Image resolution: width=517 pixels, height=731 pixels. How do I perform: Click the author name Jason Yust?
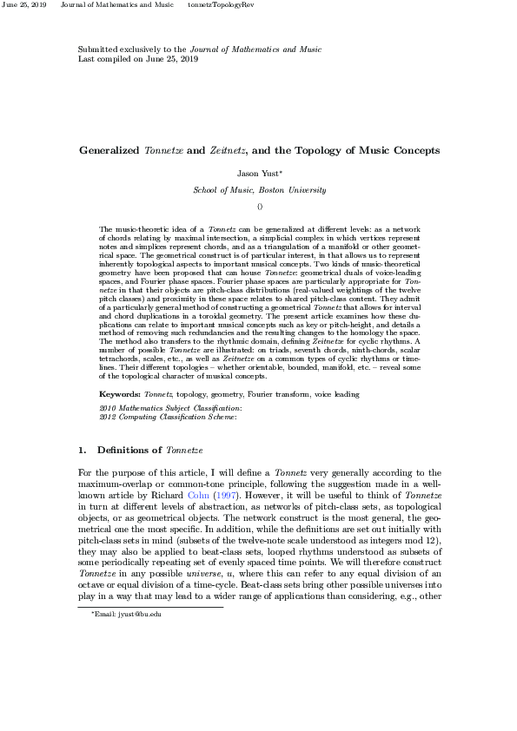click(x=257, y=174)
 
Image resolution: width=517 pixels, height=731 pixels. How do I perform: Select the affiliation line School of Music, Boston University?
click(x=259, y=189)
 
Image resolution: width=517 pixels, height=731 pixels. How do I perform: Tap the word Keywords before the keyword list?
click(x=121, y=394)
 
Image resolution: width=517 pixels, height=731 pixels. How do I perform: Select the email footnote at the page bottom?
click(x=127, y=614)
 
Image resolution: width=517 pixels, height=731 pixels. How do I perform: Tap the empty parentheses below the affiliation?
click(x=259, y=206)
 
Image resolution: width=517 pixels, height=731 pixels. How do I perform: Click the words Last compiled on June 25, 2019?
click(x=138, y=59)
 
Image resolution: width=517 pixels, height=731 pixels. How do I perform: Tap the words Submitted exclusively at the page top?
click(x=117, y=49)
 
